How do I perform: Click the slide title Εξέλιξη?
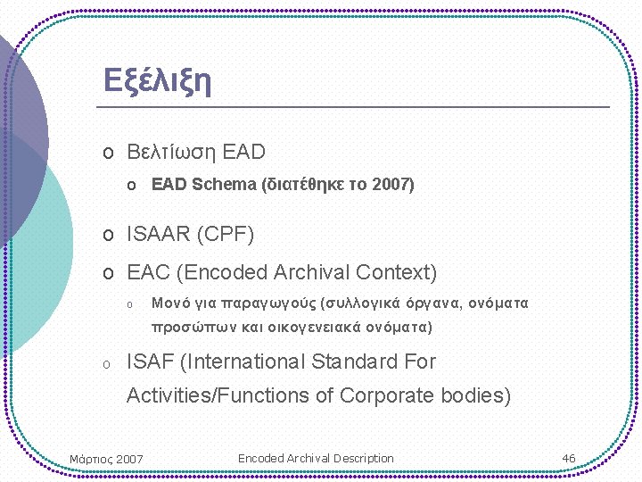[157, 80]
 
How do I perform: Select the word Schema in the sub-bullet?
[223, 185]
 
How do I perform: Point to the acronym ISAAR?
[159, 235]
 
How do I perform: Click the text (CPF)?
[225, 235]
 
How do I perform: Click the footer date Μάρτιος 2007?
[106, 460]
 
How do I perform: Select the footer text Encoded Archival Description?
[316, 458]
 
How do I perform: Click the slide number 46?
[569, 458]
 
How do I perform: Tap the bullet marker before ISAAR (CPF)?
[107, 236]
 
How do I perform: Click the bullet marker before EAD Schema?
[130, 186]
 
